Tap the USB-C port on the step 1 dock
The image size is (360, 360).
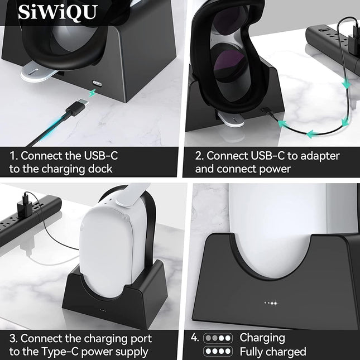click(98, 81)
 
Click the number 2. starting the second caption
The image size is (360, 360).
click(200, 156)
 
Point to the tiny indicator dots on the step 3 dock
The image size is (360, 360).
click(103, 310)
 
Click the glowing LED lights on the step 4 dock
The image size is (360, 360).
click(271, 303)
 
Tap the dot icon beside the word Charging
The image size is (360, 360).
click(218, 338)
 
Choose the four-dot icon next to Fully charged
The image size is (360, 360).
click(218, 352)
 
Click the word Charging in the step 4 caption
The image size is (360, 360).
click(262, 338)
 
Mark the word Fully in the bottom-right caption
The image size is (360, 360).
click(253, 352)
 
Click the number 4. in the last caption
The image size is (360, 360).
click(194, 338)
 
